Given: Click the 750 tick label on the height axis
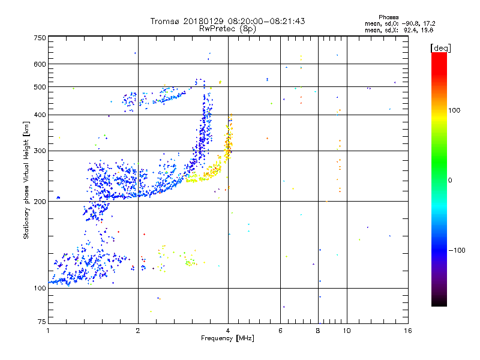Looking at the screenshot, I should click(x=40, y=37).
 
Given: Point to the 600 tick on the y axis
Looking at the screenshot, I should click(x=40, y=64).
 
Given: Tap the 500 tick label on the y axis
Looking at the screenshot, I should click(x=40, y=87).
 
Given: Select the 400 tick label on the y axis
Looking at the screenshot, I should click(x=40, y=115).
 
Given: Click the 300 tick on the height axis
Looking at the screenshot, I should click(x=40, y=151).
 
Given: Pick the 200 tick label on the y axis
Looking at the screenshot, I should click(x=40, y=202).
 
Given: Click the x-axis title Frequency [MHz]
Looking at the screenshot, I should click(x=227, y=339).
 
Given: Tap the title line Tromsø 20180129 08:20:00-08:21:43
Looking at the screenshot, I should click(x=227, y=21).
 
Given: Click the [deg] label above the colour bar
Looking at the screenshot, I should click(x=440, y=47).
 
